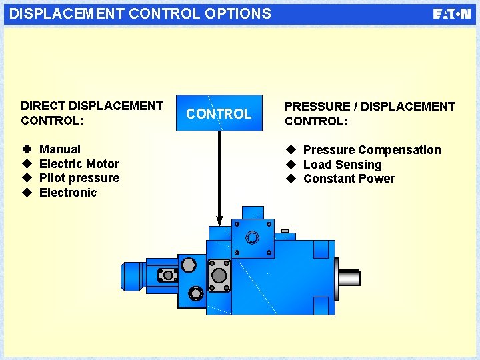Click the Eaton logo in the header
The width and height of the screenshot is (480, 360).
[452, 14]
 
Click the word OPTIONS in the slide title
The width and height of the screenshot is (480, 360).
[237, 13]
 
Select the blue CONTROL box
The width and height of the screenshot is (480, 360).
[219, 114]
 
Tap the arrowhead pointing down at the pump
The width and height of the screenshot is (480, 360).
[219, 219]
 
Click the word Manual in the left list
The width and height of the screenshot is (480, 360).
[60, 149]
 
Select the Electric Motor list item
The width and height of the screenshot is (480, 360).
[79, 164]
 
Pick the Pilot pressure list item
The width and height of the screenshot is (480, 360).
[79, 178]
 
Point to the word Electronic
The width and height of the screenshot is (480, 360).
[68, 193]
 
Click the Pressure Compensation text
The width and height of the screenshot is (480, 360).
[372, 150]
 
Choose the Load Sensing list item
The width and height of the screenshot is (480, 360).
[343, 165]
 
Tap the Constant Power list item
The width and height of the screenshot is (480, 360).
[349, 179]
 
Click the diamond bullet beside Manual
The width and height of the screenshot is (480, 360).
[26, 149]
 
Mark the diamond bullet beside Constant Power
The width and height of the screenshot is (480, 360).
[291, 179]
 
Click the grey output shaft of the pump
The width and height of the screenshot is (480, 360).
[349, 277]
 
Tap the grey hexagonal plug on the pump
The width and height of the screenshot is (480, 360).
[188, 265]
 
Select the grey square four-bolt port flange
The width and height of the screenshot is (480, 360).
[219, 275]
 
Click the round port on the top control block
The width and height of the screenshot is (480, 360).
[252, 238]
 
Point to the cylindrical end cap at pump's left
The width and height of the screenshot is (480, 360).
[132, 276]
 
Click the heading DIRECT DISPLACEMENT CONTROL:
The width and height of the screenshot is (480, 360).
[92, 113]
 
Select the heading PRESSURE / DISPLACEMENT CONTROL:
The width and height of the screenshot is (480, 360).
[369, 113]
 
